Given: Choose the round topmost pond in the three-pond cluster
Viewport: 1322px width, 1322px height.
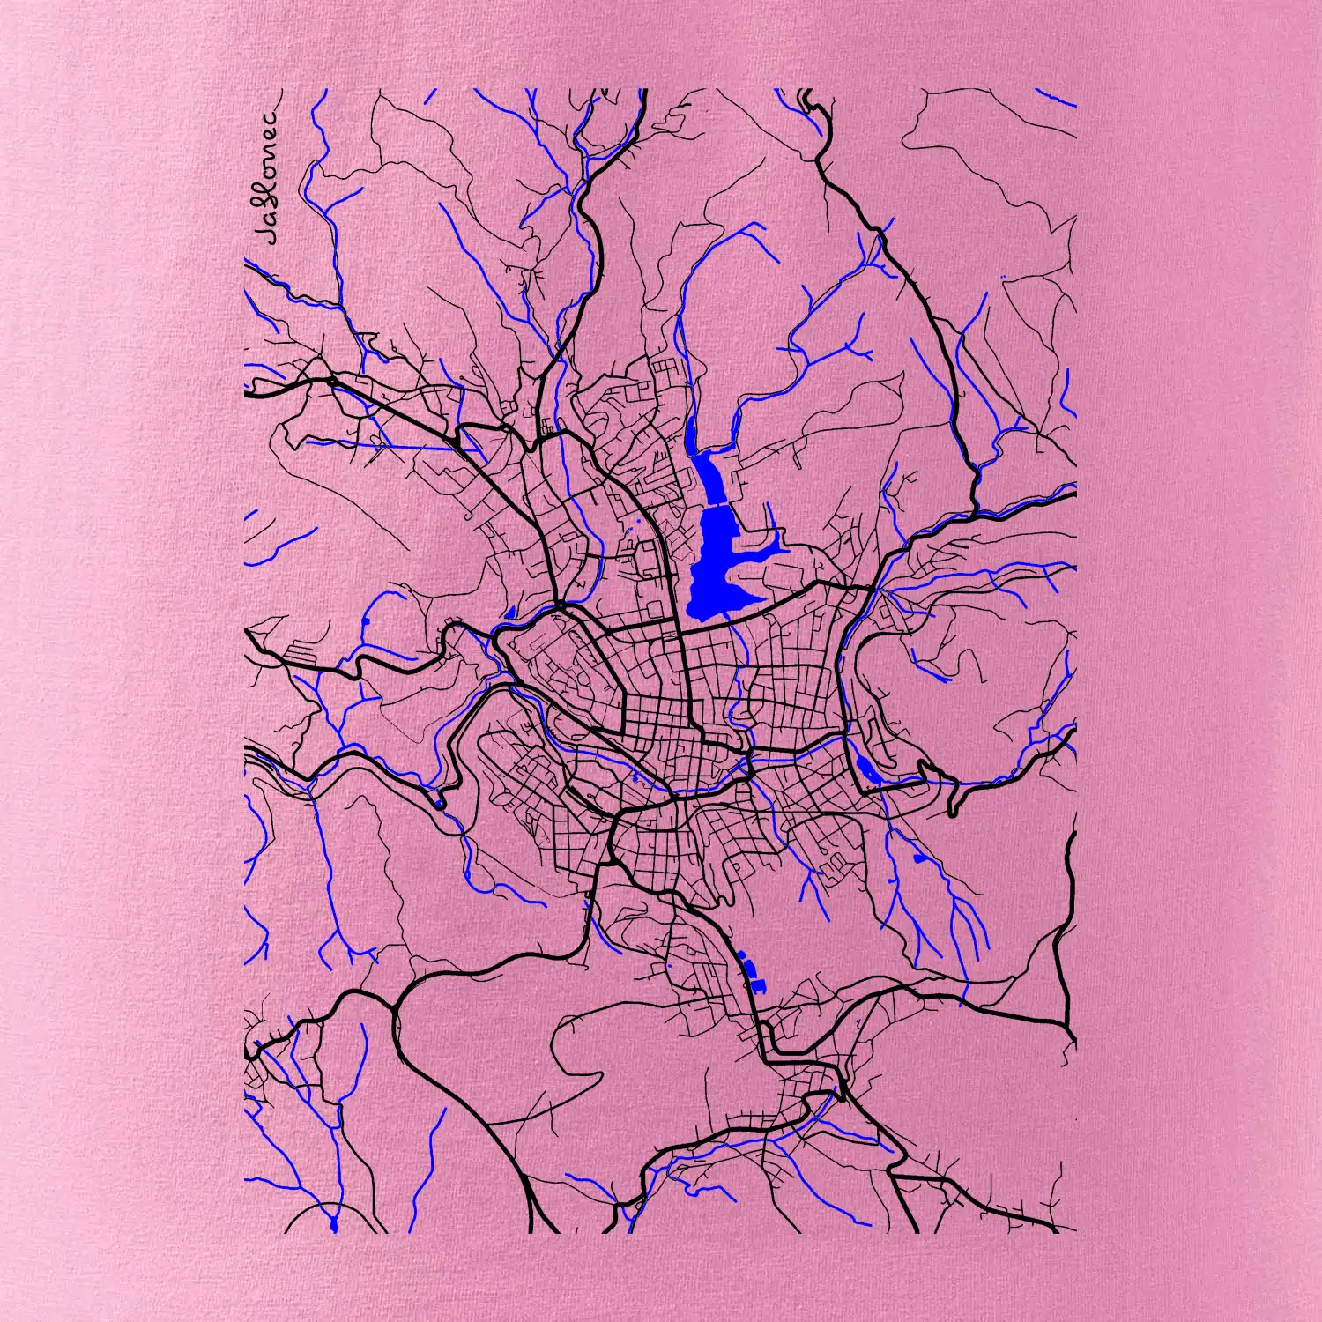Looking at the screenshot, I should pos(742,954).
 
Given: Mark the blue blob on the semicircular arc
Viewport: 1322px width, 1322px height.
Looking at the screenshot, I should pos(333,1225).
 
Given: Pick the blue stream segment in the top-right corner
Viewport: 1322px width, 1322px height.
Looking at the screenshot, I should pos(1055,98).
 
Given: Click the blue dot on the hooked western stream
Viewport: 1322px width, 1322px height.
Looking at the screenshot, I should pos(364,622).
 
